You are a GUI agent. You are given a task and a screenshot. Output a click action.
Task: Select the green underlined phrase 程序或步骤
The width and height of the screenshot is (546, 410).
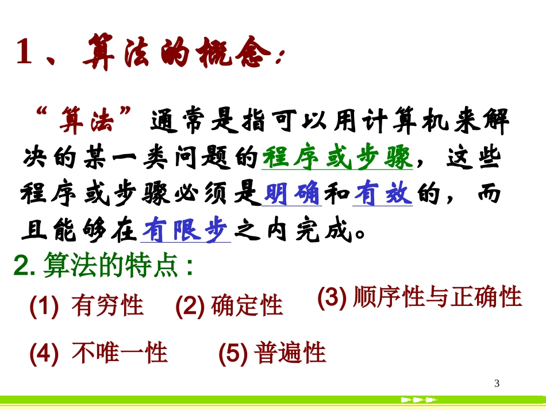337,158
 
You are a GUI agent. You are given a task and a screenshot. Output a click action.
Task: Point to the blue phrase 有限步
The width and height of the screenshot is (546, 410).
185,231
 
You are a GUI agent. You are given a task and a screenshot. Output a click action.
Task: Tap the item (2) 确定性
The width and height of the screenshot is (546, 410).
229,305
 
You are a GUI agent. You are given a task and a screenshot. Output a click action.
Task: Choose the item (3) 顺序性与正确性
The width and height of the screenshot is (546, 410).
420,297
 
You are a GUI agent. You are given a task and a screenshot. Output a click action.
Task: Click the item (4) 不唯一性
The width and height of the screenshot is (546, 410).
98,352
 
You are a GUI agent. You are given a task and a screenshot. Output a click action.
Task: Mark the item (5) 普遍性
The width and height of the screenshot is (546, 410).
272,352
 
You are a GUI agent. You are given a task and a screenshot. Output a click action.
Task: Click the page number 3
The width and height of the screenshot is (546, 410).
497,384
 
